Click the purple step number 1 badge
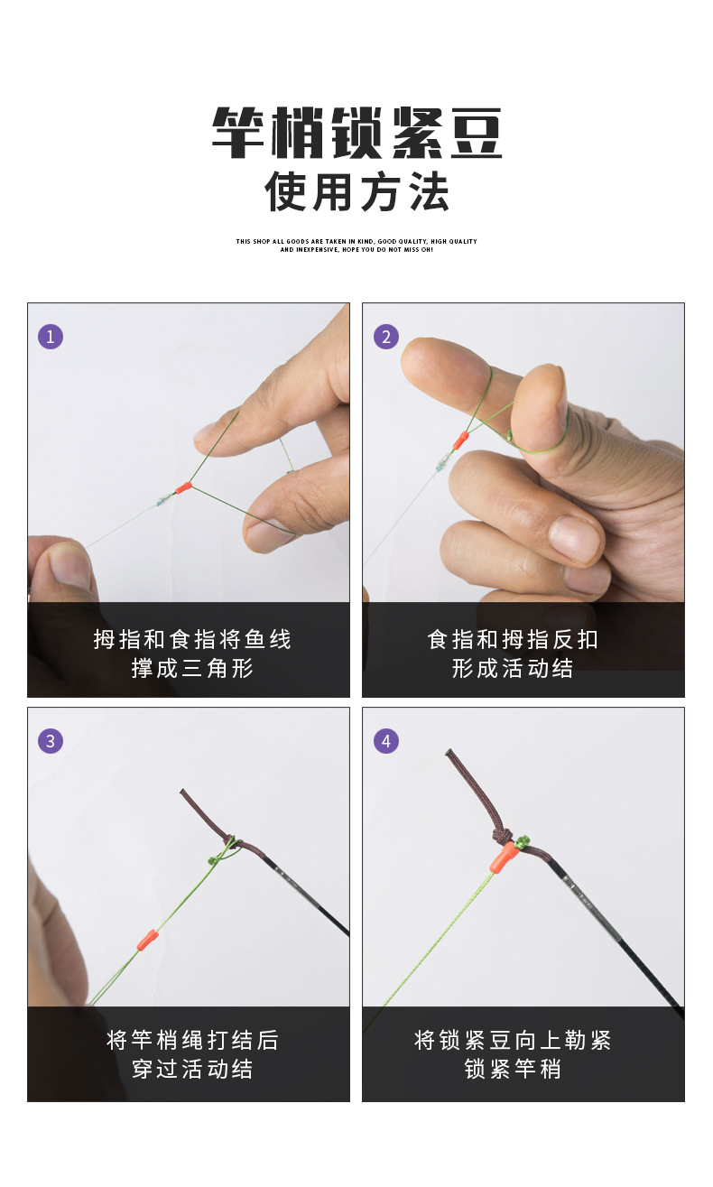pyautogui.click(x=51, y=337)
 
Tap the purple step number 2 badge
pyautogui.click(x=386, y=337)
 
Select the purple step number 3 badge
pyautogui.click(x=51, y=741)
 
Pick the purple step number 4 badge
pyautogui.click(x=386, y=741)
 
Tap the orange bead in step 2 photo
pyautogui.click(x=460, y=440)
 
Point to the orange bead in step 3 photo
pyautogui.click(x=145, y=941)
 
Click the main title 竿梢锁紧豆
pyautogui.click(x=356, y=134)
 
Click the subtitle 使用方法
pyautogui.click(x=356, y=191)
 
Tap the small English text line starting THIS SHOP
pyautogui.click(x=356, y=242)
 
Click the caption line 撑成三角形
pyautogui.click(x=192, y=669)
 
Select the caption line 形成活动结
pyautogui.click(x=513, y=669)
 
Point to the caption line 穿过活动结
pyautogui.click(x=192, y=1070)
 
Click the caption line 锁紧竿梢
pyautogui.click(x=513, y=1070)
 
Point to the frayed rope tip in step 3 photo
pyautogui.click(x=186, y=794)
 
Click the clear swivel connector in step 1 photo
pyautogui.click(x=162, y=499)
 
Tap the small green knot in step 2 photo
pyautogui.click(x=510, y=437)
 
